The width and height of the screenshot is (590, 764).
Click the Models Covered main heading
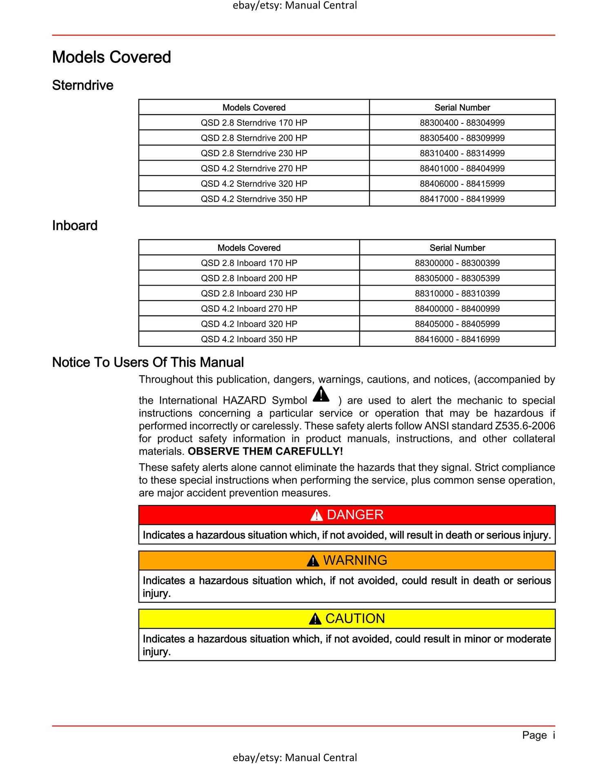(111, 57)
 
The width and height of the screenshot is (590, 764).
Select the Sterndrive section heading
(83, 85)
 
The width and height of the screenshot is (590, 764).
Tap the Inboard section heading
(75, 226)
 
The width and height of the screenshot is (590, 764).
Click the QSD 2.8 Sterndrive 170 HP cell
(254, 123)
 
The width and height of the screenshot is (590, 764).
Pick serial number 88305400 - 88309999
(462, 138)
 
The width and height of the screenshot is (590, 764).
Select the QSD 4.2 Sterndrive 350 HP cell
(254, 199)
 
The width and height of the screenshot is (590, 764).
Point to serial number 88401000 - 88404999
(462, 168)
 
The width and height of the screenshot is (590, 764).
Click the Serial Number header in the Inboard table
(457, 248)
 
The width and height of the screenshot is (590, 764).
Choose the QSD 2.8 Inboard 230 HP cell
(249, 293)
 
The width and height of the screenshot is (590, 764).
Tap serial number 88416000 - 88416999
(457, 339)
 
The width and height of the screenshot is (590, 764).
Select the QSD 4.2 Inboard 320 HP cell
(249, 324)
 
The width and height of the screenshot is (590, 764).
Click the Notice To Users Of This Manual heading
(148, 362)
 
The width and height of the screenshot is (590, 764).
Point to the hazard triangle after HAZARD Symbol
(321, 395)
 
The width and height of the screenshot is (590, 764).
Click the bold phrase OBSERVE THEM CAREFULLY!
(265, 451)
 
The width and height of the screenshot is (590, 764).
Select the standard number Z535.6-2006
(525, 426)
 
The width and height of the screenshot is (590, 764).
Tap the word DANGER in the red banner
(355, 515)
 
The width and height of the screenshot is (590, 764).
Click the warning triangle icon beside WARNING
(313, 561)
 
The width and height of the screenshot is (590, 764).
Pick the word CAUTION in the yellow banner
(355, 619)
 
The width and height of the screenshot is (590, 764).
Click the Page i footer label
(538, 735)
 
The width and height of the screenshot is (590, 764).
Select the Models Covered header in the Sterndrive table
(254, 107)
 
